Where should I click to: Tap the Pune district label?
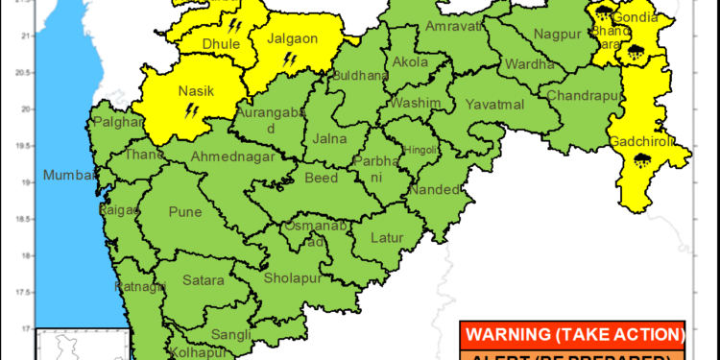(x=184, y=211)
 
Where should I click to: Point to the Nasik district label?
(x=195, y=91)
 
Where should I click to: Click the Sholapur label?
(x=294, y=276)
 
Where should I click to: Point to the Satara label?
(x=203, y=281)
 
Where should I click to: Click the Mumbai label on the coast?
(x=69, y=177)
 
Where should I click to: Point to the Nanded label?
(x=434, y=189)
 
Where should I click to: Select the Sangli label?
(x=230, y=334)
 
